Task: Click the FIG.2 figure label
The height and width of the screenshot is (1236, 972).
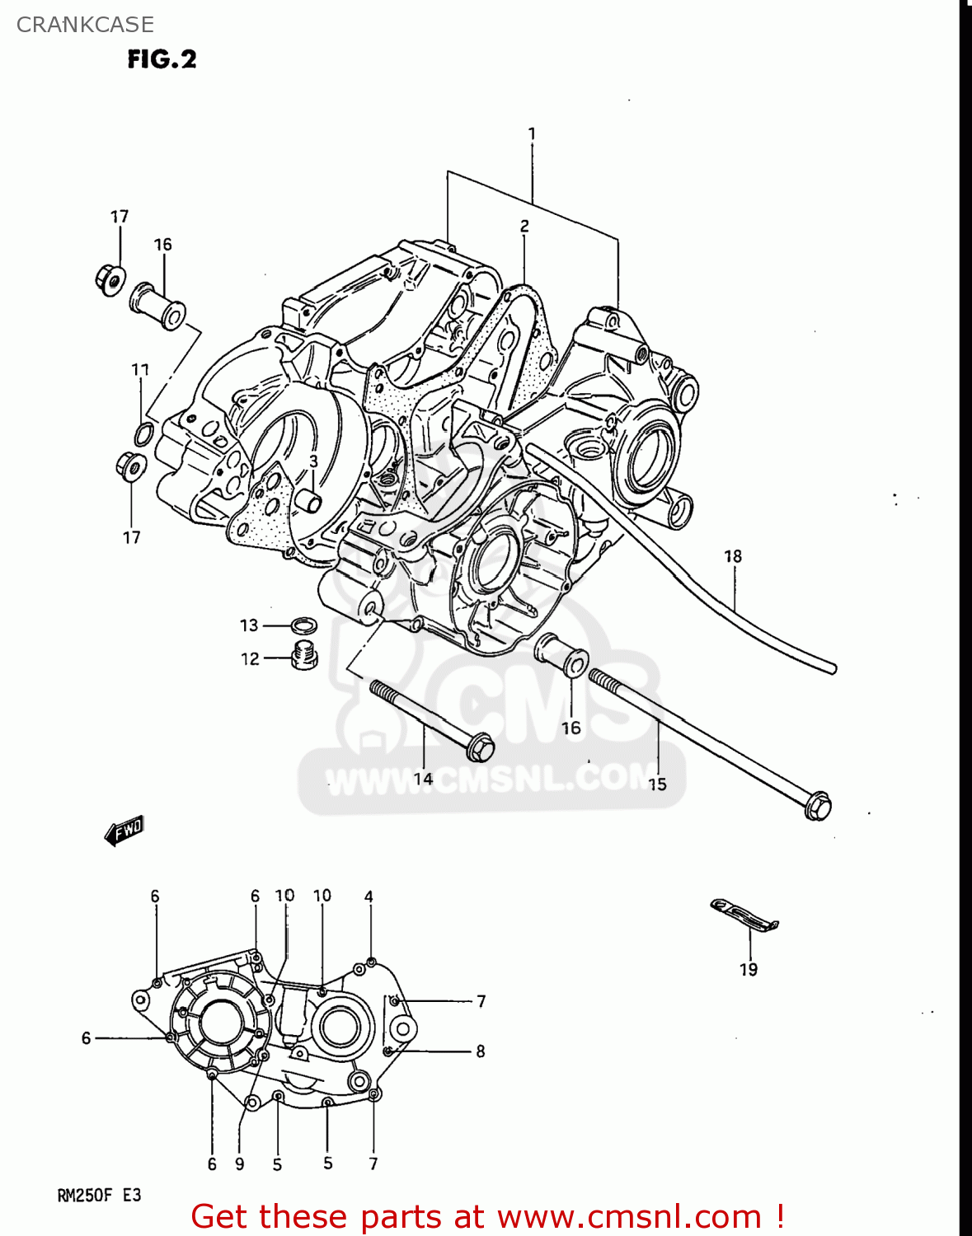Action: (x=162, y=59)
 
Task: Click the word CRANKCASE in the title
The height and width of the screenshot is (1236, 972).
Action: (x=85, y=25)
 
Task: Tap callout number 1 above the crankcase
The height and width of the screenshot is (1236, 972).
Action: (x=532, y=133)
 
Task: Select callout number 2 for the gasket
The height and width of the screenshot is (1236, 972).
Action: (x=524, y=226)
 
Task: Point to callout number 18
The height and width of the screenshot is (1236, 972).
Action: (x=733, y=556)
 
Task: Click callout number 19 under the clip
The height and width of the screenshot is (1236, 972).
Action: (x=748, y=970)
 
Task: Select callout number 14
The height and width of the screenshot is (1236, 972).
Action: (x=423, y=779)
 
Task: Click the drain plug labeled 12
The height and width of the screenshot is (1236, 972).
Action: (x=304, y=655)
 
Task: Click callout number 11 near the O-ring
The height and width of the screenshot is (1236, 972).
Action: (x=140, y=370)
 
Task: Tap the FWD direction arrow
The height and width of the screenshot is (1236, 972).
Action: (x=124, y=830)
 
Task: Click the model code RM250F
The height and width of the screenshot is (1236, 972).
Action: (x=83, y=1195)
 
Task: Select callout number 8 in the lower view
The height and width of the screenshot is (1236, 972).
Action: (x=480, y=1051)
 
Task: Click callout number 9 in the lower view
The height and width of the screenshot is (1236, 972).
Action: (x=239, y=1164)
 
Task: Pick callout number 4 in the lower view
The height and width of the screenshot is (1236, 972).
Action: (x=369, y=897)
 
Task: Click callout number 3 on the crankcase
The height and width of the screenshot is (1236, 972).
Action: (x=313, y=462)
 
